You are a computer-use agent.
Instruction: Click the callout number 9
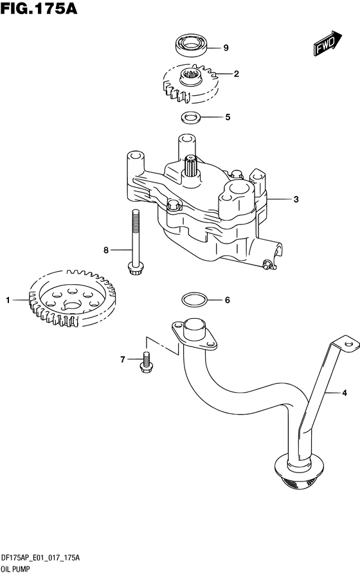pyautogui.click(x=226, y=48)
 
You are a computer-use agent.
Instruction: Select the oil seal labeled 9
pyautogui.click(x=191, y=45)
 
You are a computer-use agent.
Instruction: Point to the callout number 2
pyautogui.click(x=236, y=74)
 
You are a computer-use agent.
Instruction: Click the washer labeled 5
pyautogui.click(x=190, y=118)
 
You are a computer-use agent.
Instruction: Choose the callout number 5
pyautogui.click(x=227, y=118)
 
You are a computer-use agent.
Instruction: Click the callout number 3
pyautogui.click(x=296, y=199)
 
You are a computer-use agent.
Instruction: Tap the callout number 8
pyautogui.click(x=107, y=249)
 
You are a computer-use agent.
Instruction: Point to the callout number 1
pyautogui.click(x=8, y=300)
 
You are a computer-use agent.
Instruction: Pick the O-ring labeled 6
pyautogui.click(x=194, y=300)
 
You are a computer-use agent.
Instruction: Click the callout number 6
pyautogui.click(x=227, y=300)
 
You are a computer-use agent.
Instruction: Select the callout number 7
pyautogui.click(x=122, y=360)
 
